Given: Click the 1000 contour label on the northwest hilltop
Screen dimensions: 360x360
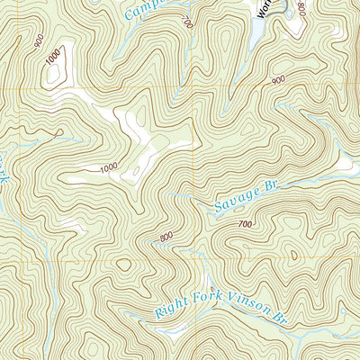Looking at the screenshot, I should coord(55,55).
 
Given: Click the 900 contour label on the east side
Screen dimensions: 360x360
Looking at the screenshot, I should coord(276,81).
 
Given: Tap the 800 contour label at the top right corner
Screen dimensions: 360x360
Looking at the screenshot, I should coord(301,9).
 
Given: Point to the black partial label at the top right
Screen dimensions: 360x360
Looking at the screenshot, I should coord(263,9).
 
